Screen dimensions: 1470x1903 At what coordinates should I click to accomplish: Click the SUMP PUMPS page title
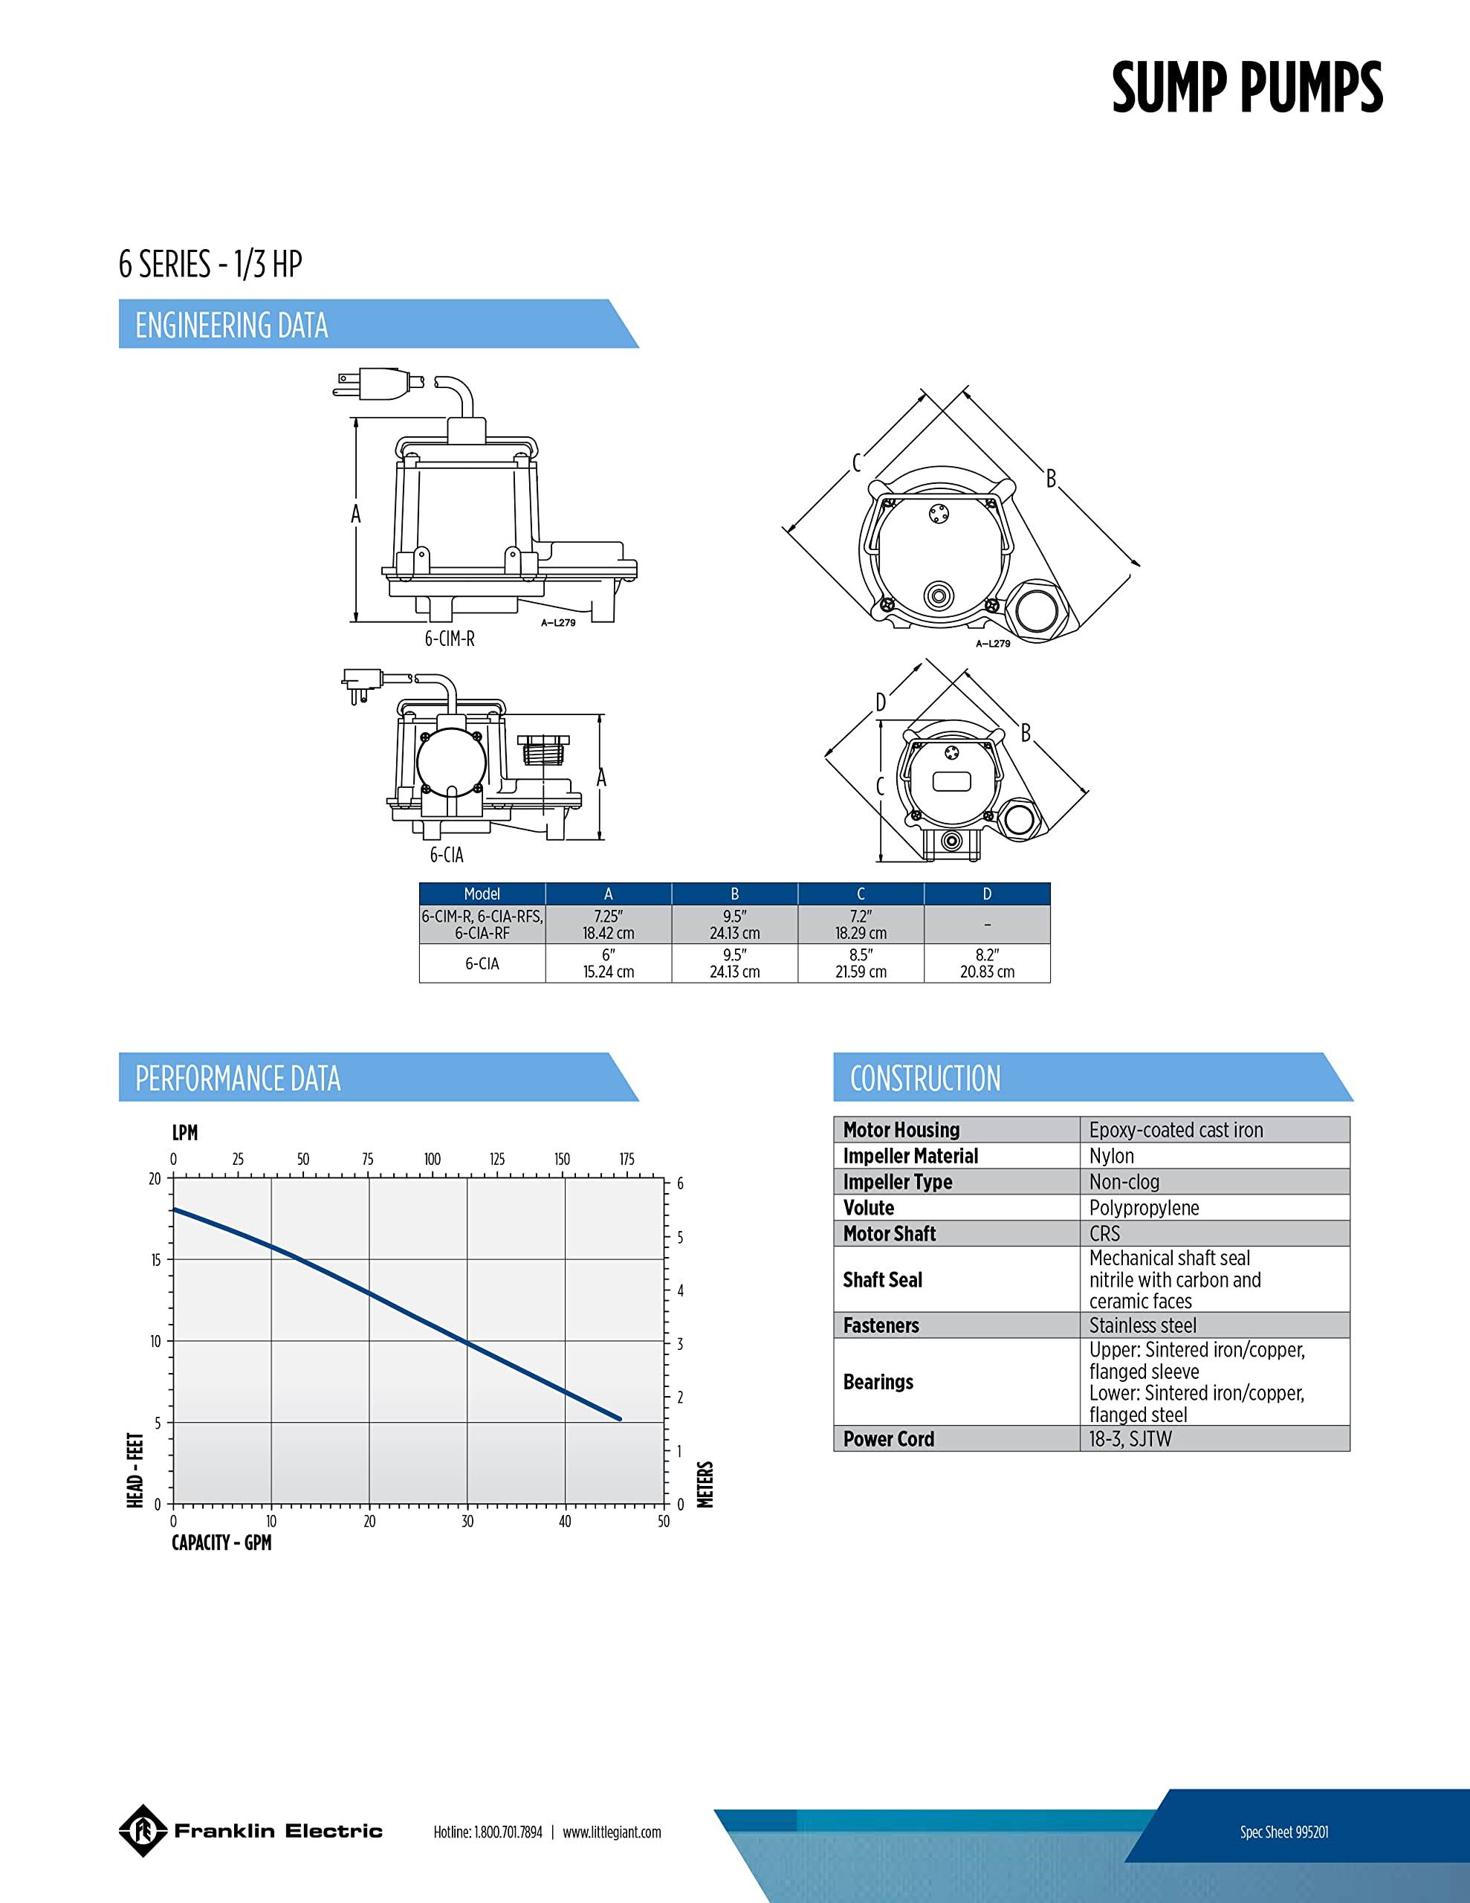click(x=1247, y=88)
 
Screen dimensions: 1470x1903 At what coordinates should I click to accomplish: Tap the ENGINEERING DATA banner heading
click(x=232, y=325)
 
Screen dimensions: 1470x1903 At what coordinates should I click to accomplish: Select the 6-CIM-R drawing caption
click(x=450, y=639)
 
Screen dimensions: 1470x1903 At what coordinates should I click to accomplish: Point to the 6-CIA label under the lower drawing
click(x=446, y=855)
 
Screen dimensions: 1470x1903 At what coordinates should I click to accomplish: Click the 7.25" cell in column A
click(x=608, y=923)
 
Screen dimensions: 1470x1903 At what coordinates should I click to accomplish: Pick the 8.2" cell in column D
click(x=987, y=963)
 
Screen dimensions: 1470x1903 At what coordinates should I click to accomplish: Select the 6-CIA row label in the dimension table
click(x=482, y=963)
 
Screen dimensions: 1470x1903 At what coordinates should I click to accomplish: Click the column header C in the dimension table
click(x=861, y=893)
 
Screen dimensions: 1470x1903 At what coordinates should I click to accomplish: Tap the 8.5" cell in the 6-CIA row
click(x=861, y=963)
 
